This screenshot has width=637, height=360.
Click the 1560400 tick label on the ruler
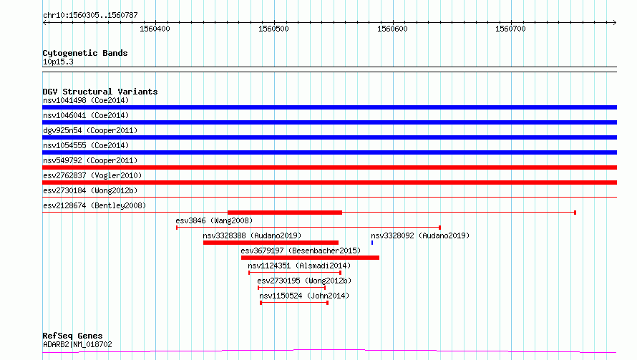click(155, 29)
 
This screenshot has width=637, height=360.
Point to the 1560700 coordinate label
click(510, 29)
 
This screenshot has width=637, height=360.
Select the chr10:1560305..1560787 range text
click(91, 16)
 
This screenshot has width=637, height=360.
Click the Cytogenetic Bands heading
click(85, 53)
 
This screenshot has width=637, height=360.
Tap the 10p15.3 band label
click(58, 62)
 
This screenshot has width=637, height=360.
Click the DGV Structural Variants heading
click(100, 92)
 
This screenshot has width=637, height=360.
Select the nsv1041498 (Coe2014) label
click(86, 100)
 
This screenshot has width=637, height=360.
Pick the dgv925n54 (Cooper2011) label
click(90, 130)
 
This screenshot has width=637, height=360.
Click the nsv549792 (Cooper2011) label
click(90, 160)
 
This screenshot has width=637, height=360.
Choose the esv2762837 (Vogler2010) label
click(92, 175)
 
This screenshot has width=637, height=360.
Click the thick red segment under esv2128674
click(285, 213)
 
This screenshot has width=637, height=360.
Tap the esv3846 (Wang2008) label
click(214, 220)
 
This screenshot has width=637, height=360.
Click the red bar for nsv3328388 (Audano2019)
click(271, 243)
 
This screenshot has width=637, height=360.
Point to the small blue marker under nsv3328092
click(372, 243)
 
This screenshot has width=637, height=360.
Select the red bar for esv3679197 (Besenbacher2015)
click(310, 258)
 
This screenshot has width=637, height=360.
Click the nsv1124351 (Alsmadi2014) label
click(299, 266)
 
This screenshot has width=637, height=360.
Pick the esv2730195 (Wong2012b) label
click(304, 281)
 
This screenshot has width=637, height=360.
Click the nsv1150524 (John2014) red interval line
click(294, 303)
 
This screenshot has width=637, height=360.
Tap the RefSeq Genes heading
click(73, 336)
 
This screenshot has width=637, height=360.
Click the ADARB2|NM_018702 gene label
click(77, 344)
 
